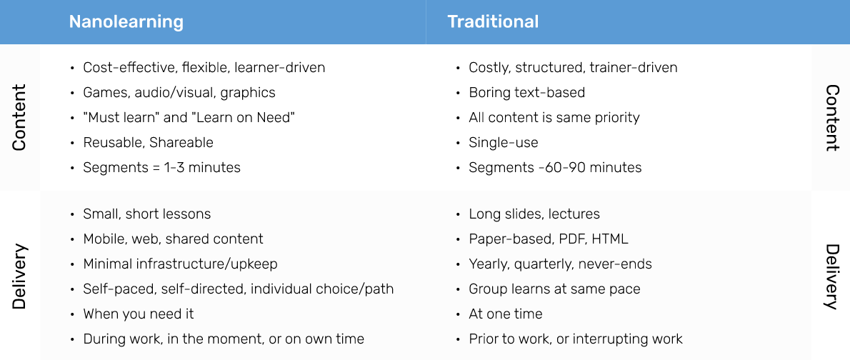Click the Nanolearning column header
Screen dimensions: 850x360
[x=126, y=21]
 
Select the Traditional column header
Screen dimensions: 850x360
[x=493, y=21]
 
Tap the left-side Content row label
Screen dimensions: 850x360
[x=19, y=117]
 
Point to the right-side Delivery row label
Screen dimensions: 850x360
[x=832, y=276]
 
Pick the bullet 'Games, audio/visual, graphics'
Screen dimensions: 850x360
[x=179, y=93]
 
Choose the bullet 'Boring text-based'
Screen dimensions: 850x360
[x=527, y=93]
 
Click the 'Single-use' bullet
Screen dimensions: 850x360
[x=504, y=143]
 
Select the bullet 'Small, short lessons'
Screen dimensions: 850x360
[x=147, y=214]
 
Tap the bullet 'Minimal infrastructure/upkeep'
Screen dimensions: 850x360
[x=180, y=264]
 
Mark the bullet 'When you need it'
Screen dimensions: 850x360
[x=139, y=314]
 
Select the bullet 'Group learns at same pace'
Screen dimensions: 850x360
[x=554, y=289]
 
